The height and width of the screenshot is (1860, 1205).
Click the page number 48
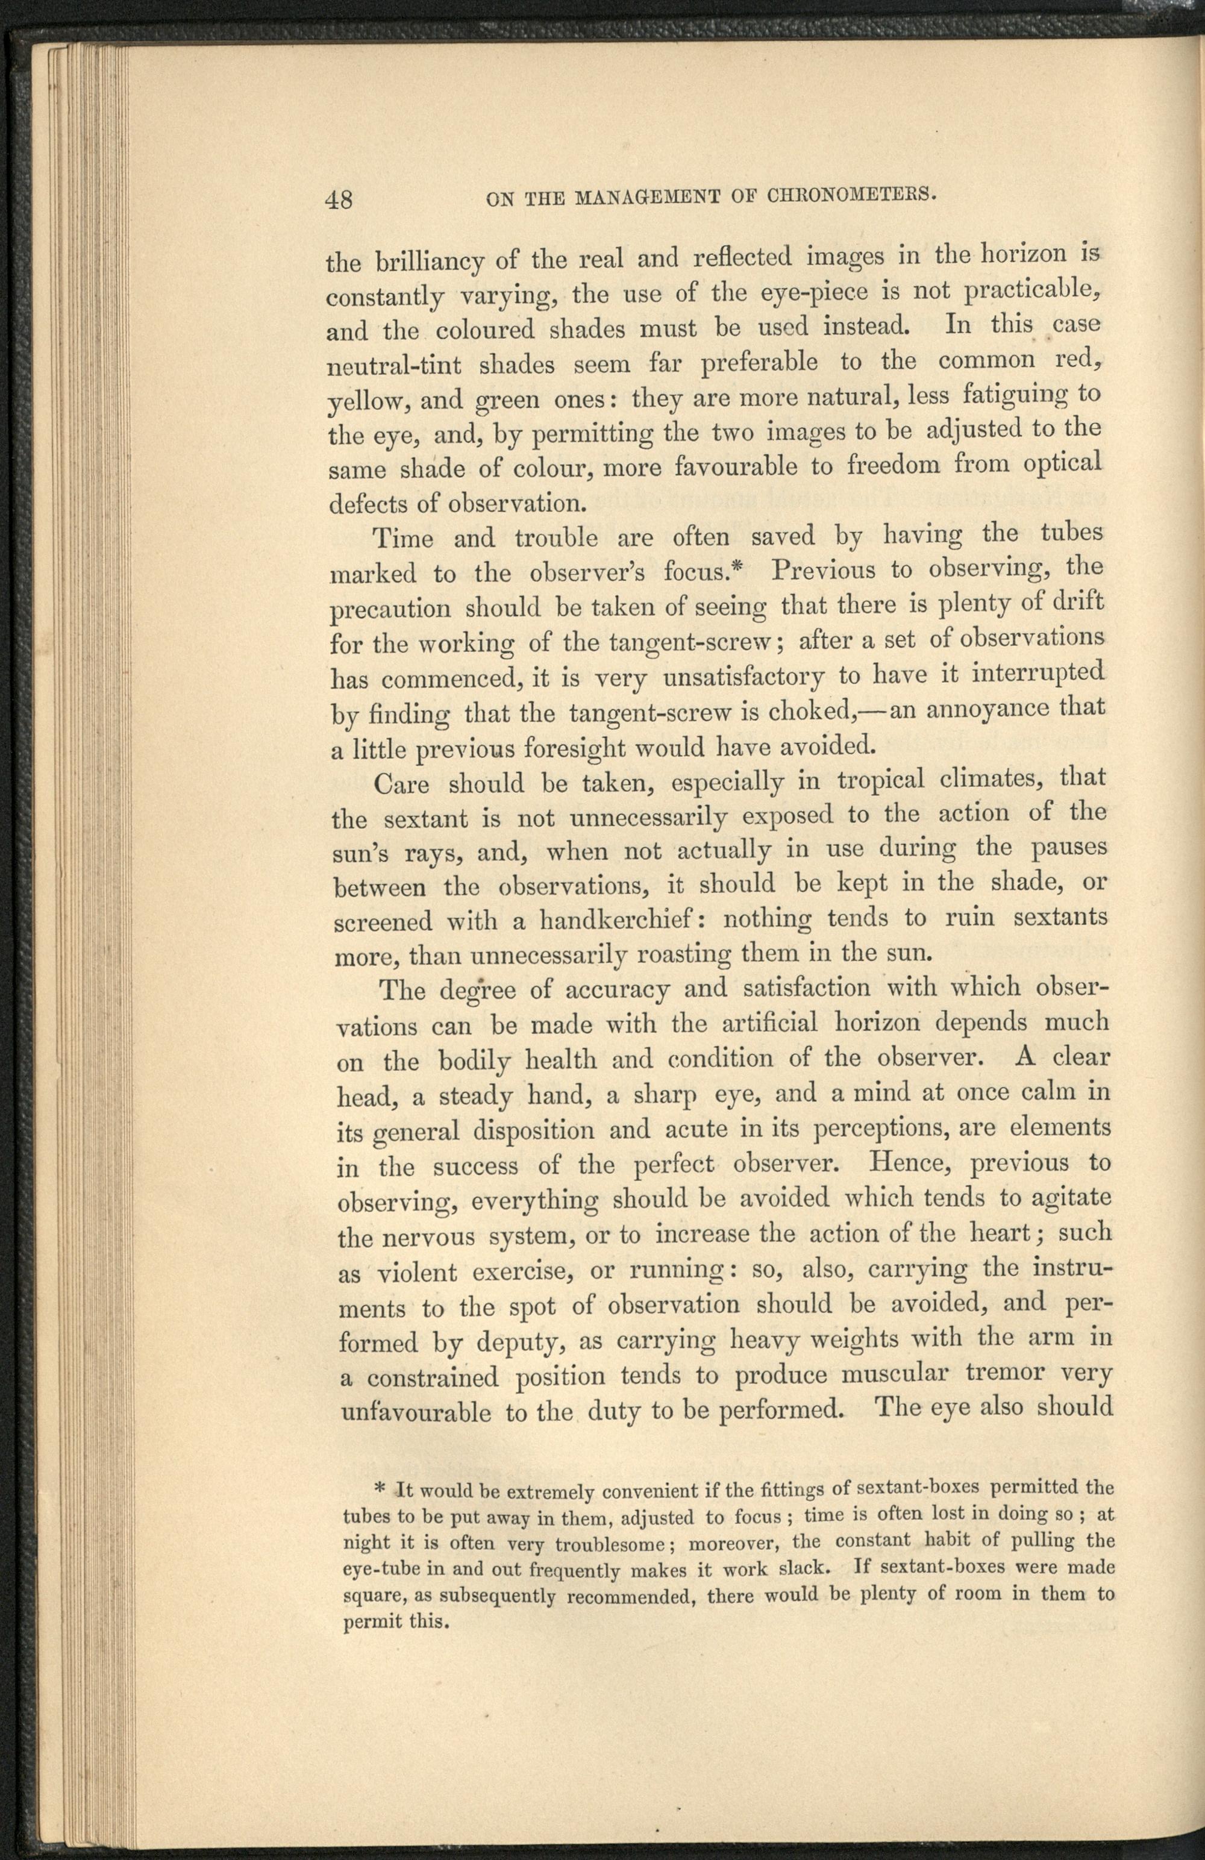pyautogui.click(x=340, y=200)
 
